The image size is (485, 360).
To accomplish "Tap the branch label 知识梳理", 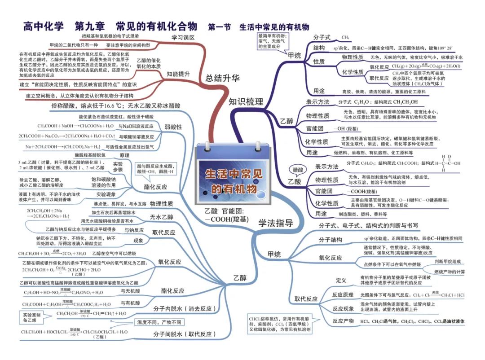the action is [x=246, y=101].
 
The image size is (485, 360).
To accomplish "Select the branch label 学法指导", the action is [x=276, y=223].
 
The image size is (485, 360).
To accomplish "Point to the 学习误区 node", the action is [x=183, y=37].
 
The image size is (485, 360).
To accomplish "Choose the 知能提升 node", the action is [x=178, y=74].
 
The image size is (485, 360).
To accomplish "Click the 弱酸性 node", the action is [x=173, y=127].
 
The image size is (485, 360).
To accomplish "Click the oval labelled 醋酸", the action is [x=298, y=170].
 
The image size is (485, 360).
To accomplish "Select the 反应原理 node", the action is [x=343, y=295].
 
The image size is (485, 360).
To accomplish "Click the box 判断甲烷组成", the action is [x=447, y=261].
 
